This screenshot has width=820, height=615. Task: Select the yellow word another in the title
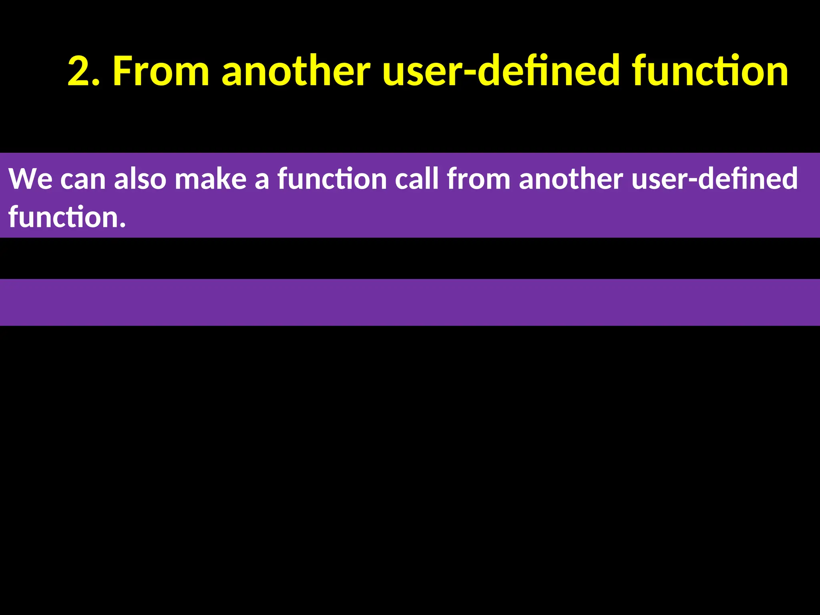[x=296, y=71]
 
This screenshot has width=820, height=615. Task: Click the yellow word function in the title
[x=710, y=71]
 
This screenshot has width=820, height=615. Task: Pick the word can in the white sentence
[x=83, y=179]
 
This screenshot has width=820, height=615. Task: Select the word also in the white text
[x=140, y=179]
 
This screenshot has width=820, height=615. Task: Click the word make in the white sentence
[x=211, y=179]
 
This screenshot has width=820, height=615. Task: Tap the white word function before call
[x=332, y=179]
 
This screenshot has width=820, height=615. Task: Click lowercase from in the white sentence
[x=478, y=179]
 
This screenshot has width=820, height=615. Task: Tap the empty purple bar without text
[x=410, y=302]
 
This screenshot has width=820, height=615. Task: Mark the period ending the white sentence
[x=123, y=226]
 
